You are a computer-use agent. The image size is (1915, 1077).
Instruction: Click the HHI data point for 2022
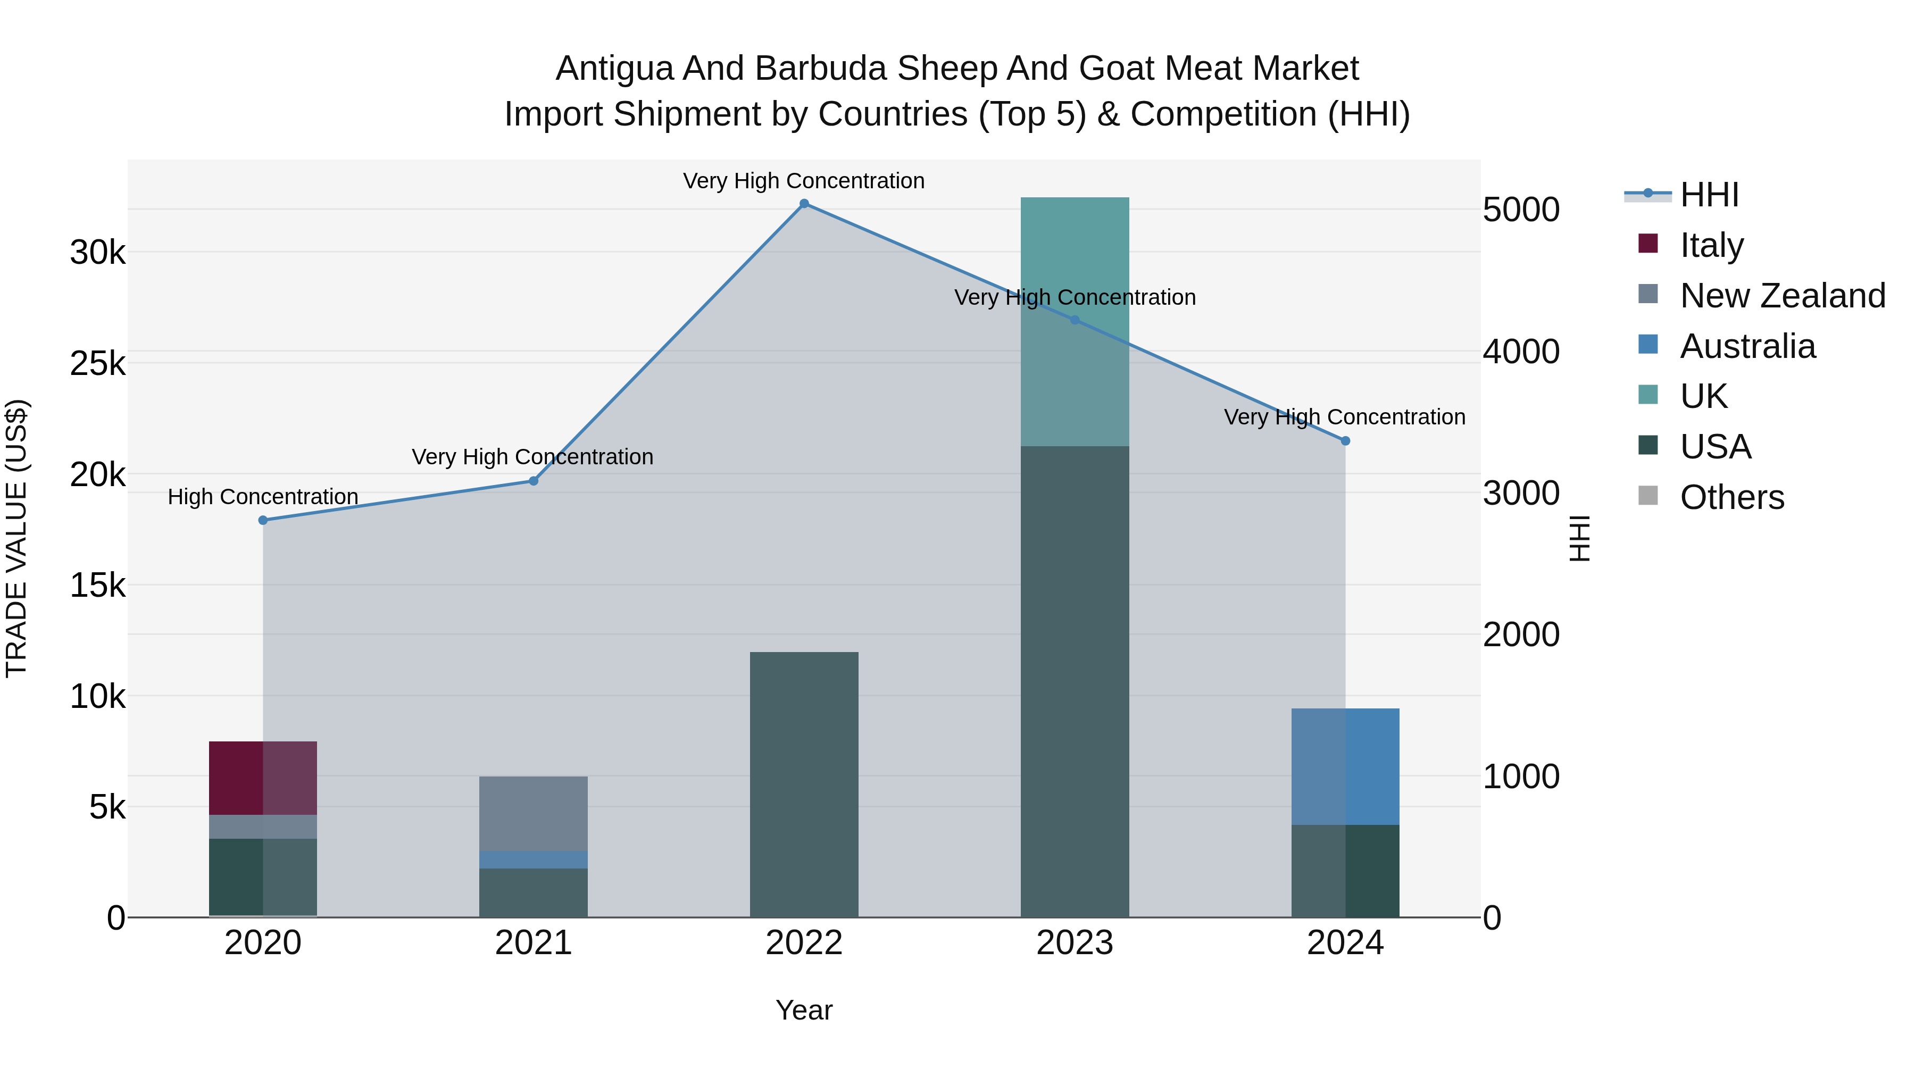pos(804,204)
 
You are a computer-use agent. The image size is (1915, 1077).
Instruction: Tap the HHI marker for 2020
pos(263,520)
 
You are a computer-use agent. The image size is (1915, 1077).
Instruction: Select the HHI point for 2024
pos(1345,441)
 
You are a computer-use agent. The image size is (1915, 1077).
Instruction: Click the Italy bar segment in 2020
pos(263,778)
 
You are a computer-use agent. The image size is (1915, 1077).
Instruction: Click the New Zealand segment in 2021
pos(533,813)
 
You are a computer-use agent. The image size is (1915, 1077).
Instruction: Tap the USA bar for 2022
pos(804,784)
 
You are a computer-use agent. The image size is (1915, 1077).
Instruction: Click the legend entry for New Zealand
pos(1783,296)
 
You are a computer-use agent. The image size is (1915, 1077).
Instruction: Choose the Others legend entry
pos(1731,497)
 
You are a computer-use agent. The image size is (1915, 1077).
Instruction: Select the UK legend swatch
pos(1648,395)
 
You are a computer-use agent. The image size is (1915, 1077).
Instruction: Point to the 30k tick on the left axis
pos(97,253)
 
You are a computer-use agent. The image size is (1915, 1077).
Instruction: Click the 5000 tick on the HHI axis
pos(1521,210)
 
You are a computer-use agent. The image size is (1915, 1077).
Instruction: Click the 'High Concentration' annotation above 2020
pos(263,497)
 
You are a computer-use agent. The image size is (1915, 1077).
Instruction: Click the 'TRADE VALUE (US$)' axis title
pos(16,538)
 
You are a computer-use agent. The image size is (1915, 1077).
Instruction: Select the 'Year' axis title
pos(804,1010)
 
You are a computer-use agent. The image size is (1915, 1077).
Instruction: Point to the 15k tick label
pos(97,586)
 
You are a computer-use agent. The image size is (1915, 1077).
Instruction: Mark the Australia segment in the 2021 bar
pos(533,859)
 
